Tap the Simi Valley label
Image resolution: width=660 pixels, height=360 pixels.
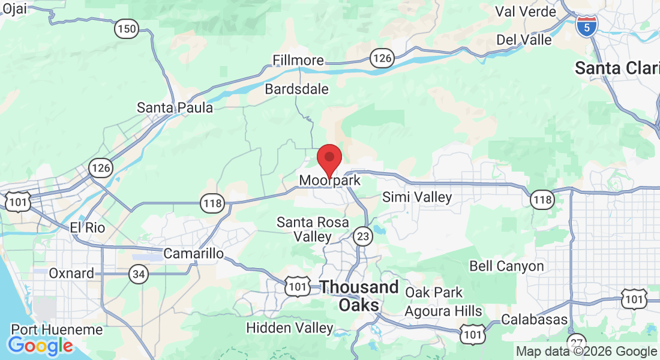click(417, 197)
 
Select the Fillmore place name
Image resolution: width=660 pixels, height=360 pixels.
click(298, 61)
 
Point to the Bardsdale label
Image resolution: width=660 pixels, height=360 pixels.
click(297, 89)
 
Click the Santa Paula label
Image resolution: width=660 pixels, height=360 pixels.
click(175, 108)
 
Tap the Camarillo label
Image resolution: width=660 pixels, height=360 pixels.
click(193, 253)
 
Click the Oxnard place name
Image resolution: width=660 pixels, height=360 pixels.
click(71, 274)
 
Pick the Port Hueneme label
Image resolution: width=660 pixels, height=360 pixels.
click(57, 330)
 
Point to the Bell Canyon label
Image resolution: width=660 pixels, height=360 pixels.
click(506, 266)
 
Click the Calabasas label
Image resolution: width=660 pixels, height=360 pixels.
click(535, 319)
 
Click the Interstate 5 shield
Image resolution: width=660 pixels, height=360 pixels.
click(586, 25)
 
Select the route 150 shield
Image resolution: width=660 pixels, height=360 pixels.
click(127, 28)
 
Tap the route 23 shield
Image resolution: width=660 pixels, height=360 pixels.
click(362, 236)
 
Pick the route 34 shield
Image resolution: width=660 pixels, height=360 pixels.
click(138, 274)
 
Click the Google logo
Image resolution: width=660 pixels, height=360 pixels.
click(40, 345)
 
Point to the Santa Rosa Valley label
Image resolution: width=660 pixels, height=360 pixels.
click(313, 229)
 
